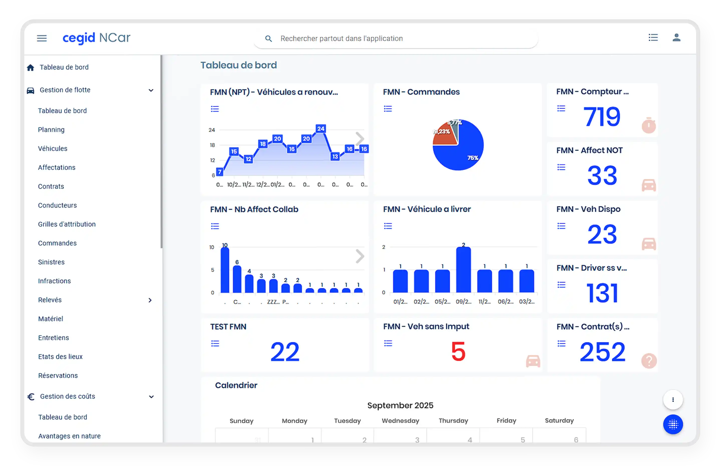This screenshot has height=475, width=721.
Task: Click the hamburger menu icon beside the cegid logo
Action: pyautogui.click(x=42, y=38)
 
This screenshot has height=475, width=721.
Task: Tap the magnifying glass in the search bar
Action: pyautogui.click(x=268, y=39)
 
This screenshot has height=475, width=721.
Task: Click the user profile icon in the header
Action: pyautogui.click(x=676, y=37)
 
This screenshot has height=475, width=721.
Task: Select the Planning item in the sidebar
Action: pyautogui.click(x=51, y=130)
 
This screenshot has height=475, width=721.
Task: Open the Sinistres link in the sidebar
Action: pyautogui.click(x=51, y=262)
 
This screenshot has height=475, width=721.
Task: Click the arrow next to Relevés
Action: pyautogui.click(x=150, y=300)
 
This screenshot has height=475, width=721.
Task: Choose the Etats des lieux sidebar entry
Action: pyautogui.click(x=60, y=356)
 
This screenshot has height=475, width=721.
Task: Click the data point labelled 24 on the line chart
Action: pyautogui.click(x=321, y=129)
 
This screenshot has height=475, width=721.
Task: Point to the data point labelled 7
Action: pyautogui.click(x=220, y=172)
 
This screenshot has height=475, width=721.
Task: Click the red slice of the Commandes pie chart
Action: pyautogui.click(x=444, y=135)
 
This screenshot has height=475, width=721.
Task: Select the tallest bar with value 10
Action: pyautogui.click(x=225, y=269)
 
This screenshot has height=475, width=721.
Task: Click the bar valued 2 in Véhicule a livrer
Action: pyautogui.click(x=463, y=269)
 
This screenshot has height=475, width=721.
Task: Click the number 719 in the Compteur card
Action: pyautogui.click(x=602, y=117)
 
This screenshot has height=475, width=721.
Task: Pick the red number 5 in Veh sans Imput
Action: pyautogui.click(x=458, y=351)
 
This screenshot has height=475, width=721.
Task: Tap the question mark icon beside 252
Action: pyautogui.click(x=649, y=361)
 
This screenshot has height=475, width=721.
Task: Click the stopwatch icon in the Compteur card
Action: pyautogui.click(x=649, y=125)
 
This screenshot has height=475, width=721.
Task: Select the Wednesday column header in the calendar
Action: pyautogui.click(x=400, y=420)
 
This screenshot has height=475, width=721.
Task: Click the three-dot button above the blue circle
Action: pyautogui.click(x=673, y=399)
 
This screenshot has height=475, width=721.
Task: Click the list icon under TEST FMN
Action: pyautogui.click(x=215, y=343)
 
